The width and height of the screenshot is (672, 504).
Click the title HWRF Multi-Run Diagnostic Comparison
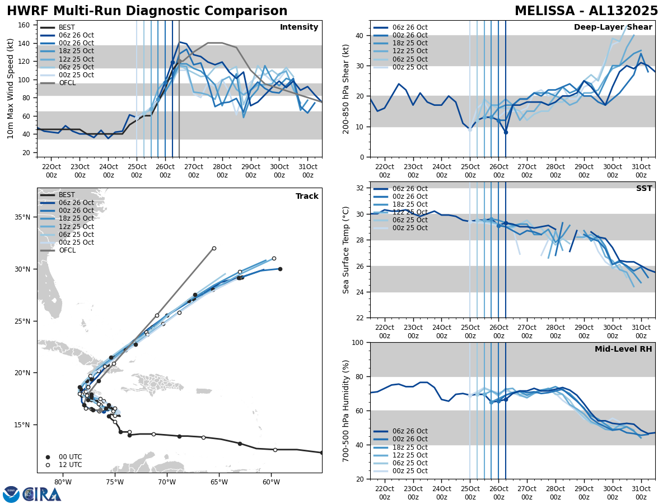pyautogui.click(x=147, y=11)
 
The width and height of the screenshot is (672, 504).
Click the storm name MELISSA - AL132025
pyautogui.click(x=586, y=11)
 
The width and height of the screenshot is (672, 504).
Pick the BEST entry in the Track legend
pyautogui.click(x=67, y=195)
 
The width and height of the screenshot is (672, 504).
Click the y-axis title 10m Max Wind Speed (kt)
pyautogui.click(x=10, y=88)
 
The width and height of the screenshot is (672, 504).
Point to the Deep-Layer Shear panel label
pyautogui.click(x=613, y=27)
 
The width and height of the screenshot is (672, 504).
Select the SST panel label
pyautogui.click(x=644, y=189)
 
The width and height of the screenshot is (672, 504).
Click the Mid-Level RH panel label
pyautogui.click(x=623, y=349)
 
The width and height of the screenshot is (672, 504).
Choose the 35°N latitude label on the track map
pyautogui.click(x=26, y=217)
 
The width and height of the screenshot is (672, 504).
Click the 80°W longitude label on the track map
pyautogui.click(x=63, y=482)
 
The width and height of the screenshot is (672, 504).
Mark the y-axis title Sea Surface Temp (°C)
pyautogui.click(x=346, y=250)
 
